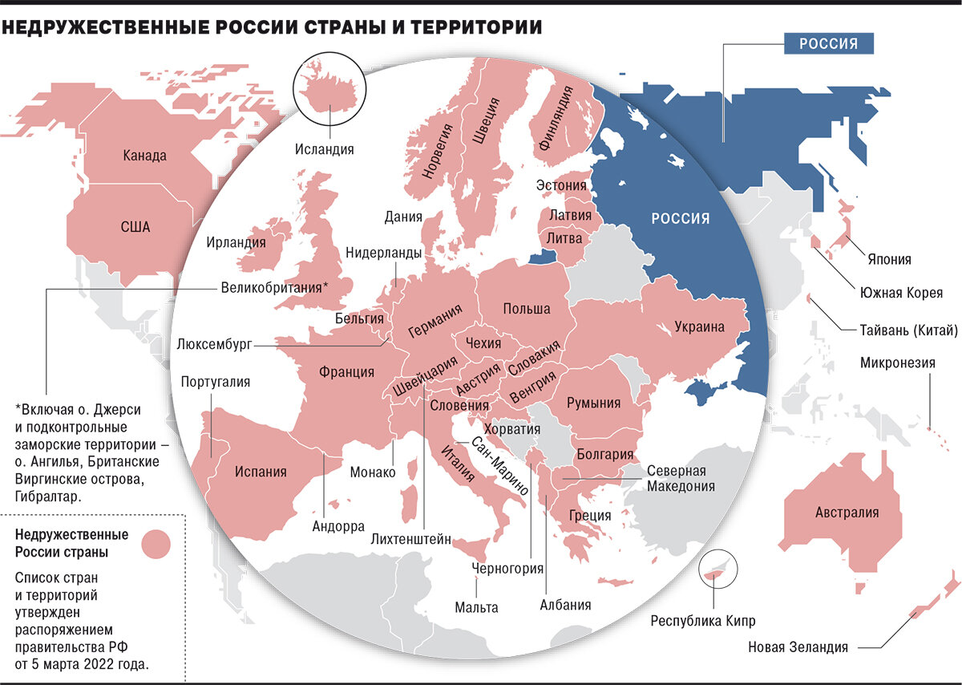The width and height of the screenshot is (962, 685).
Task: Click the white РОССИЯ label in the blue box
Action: click(828, 43)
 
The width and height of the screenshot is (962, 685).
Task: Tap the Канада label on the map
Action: click(145, 156)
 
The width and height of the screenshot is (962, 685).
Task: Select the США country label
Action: click(135, 227)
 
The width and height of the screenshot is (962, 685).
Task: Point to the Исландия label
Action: click(324, 149)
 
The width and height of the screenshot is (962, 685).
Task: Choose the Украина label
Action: click(699, 326)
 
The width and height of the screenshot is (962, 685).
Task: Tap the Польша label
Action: click(527, 309)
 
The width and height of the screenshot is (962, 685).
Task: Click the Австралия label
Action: click(847, 513)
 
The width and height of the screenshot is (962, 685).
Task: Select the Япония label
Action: click(889, 260)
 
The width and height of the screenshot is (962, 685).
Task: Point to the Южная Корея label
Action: click(901, 293)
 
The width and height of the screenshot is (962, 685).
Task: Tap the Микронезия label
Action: click(898, 363)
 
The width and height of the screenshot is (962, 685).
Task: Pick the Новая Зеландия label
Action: click(798, 647)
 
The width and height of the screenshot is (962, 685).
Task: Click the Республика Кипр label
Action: click(703, 621)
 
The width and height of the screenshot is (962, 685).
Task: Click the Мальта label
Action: click(476, 607)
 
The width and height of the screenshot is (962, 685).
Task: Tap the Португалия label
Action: click(216, 382)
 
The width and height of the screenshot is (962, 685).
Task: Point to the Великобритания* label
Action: click(274, 287)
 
